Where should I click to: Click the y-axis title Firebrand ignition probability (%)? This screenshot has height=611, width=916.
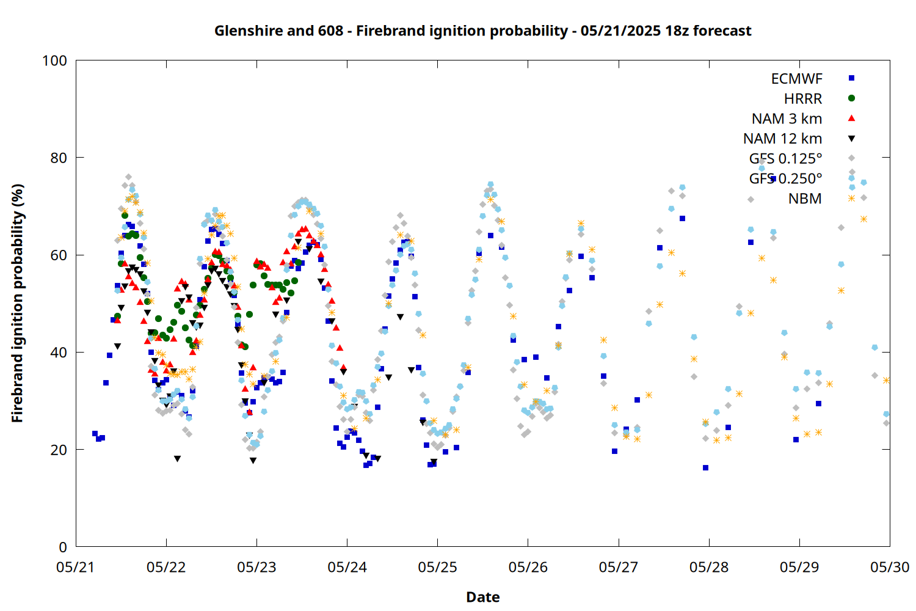click(17, 303)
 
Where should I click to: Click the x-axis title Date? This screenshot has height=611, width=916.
click(483, 597)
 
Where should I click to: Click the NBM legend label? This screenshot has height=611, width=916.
click(805, 199)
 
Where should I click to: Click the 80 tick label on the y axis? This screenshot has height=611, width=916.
click(59, 158)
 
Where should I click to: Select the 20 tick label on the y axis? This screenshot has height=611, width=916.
click(59, 449)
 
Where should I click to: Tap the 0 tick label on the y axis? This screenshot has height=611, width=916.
click(63, 547)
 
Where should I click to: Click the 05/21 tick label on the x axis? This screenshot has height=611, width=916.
click(76, 567)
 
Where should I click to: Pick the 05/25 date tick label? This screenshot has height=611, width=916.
click(438, 567)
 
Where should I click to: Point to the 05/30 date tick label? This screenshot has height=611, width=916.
click(890, 567)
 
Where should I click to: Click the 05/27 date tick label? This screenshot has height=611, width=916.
click(619, 567)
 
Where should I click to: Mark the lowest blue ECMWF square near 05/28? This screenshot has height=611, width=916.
click(705, 468)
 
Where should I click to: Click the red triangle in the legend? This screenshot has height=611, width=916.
click(851, 119)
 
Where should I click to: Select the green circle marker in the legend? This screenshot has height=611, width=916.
click(851, 98)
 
